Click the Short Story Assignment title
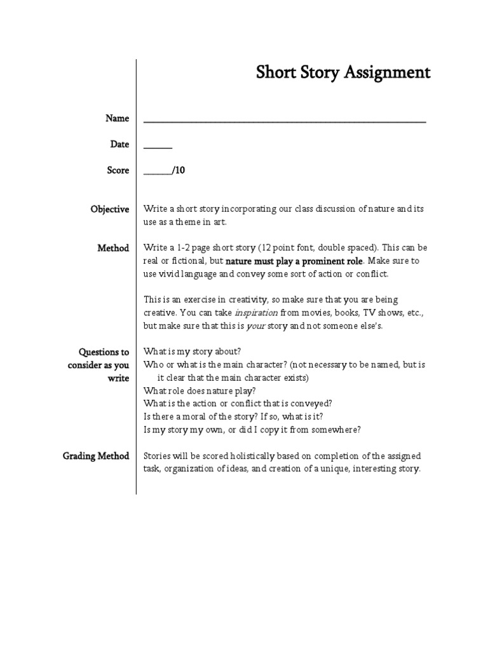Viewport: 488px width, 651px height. click(342, 72)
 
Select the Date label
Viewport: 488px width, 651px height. click(119, 144)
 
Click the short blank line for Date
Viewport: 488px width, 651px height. click(158, 146)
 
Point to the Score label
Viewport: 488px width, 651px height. click(118, 170)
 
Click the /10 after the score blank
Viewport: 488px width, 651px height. click(177, 170)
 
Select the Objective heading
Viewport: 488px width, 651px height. click(110, 209)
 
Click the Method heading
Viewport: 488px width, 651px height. click(113, 248)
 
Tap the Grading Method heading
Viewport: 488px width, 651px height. click(96, 456)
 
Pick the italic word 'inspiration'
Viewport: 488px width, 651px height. click(256, 313)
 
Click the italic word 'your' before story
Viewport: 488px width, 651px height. click(257, 325)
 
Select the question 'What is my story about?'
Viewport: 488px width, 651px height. click(193, 352)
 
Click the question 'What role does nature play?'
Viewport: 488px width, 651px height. click(199, 391)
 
